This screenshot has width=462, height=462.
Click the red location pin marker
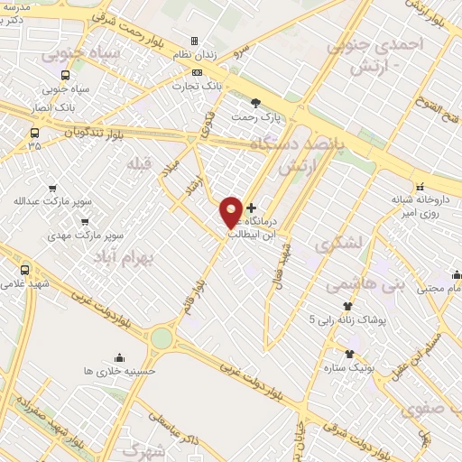click(231, 212)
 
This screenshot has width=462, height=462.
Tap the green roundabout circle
click(162, 337)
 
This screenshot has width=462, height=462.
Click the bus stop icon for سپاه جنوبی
click(64, 76)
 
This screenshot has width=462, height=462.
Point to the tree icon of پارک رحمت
click(255, 103)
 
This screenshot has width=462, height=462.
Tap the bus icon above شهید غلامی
click(24, 270)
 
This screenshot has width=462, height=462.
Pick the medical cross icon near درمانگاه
click(251, 208)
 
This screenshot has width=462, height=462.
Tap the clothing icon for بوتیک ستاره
click(349, 353)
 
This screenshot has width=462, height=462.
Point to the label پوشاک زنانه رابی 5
click(347, 319)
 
